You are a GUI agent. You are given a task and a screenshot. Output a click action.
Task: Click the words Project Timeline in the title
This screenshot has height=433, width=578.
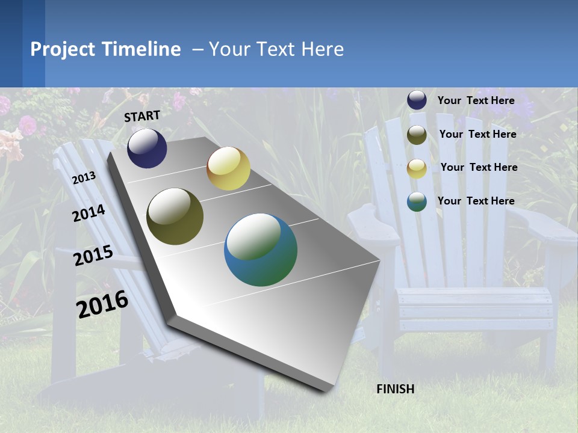105,49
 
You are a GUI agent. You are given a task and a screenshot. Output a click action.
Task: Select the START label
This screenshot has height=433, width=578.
142,116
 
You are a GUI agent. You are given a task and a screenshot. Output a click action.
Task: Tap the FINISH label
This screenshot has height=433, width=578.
396,389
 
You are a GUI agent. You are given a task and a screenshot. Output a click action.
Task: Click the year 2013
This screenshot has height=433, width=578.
84,178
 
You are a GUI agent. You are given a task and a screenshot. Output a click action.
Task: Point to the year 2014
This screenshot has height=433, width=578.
89,213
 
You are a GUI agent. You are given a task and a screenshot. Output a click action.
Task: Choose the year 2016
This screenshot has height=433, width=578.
102,304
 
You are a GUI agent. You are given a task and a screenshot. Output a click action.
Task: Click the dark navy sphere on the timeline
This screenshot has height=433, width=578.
147,149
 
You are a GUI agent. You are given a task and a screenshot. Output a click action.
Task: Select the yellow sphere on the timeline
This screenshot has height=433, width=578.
228,168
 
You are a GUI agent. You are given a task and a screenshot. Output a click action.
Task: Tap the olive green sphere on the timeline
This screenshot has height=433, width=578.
175,216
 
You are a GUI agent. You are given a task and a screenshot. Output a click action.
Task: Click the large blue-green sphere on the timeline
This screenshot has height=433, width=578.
261,250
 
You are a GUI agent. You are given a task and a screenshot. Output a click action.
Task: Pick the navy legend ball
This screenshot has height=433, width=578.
417,100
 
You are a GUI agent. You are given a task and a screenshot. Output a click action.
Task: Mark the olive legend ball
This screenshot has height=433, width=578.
417,135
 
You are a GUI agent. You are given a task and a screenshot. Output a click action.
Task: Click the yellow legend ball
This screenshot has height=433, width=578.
417,168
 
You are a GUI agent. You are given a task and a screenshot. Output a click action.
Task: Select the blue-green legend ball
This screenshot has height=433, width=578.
417,201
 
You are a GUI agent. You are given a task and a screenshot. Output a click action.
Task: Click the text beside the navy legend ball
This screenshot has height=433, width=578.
476,100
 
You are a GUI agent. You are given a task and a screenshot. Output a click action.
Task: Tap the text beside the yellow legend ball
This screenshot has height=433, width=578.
479,167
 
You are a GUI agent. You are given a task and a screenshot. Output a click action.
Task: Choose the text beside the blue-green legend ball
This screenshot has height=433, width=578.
476,201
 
